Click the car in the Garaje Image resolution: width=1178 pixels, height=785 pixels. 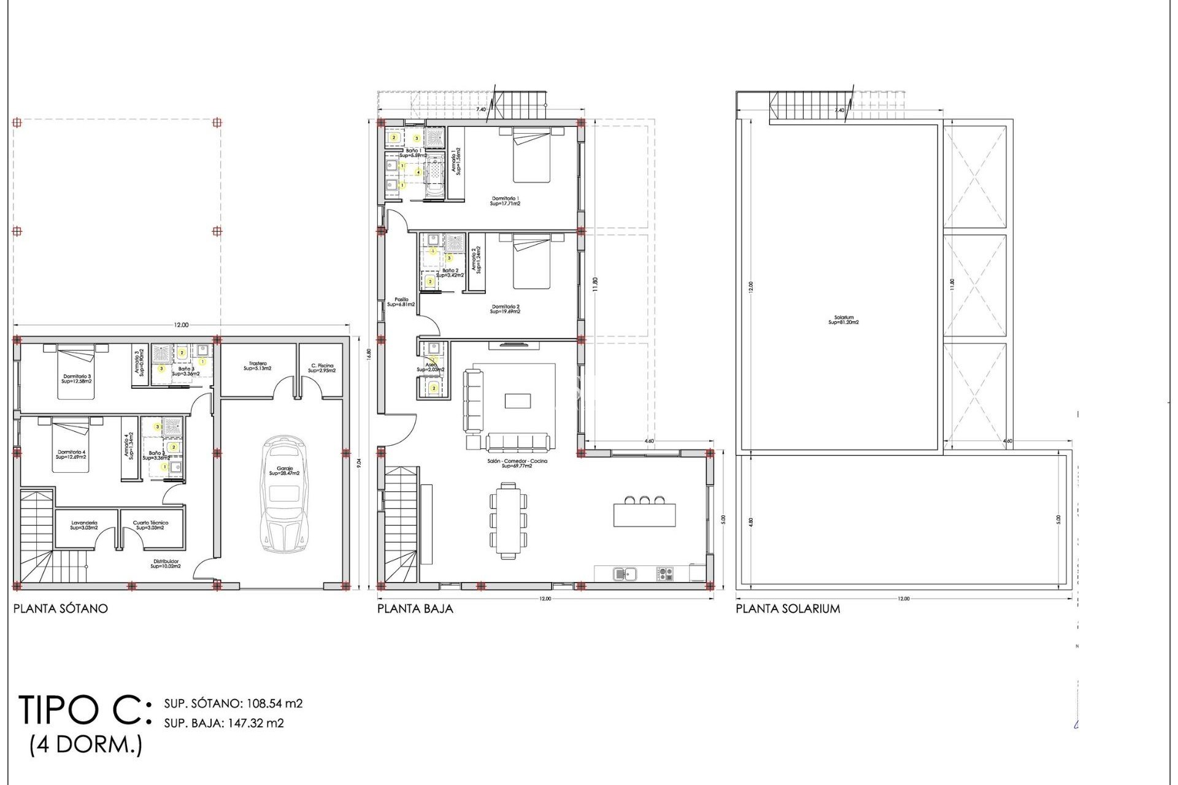pyautogui.click(x=284, y=494)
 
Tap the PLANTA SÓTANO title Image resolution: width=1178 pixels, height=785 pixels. pyautogui.click(x=60, y=609)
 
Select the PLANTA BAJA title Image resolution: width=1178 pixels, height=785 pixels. pyautogui.click(x=415, y=609)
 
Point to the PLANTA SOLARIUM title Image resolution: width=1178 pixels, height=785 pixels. pyautogui.click(x=788, y=609)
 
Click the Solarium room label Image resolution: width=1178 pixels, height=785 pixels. pyautogui.click(x=844, y=320)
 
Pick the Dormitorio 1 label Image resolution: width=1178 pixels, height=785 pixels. pyautogui.click(x=505, y=201)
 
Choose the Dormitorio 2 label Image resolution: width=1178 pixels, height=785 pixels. pyautogui.click(x=505, y=309)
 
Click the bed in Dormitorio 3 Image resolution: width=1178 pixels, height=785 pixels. pyautogui.click(x=76, y=372)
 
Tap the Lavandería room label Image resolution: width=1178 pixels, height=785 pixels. pyautogui.click(x=84, y=525)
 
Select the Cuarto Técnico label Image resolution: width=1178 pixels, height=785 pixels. pyautogui.click(x=150, y=525)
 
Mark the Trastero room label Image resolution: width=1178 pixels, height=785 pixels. pyautogui.click(x=258, y=366)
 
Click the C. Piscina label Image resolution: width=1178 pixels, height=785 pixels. pyautogui.click(x=321, y=368)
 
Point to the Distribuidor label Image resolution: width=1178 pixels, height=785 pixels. pyautogui.click(x=166, y=564)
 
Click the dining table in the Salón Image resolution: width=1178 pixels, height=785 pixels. pyautogui.click(x=508, y=521)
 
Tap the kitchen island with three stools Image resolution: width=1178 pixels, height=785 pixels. pyautogui.click(x=644, y=514)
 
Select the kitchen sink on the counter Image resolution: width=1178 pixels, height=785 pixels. pyautogui.click(x=625, y=574)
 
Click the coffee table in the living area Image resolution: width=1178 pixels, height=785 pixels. pyautogui.click(x=518, y=400)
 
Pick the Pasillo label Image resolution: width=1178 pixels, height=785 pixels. pyautogui.click(x=401, y=302)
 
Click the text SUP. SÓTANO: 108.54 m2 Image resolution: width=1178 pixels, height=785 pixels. pyautogui.click(x=233, y=703)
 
